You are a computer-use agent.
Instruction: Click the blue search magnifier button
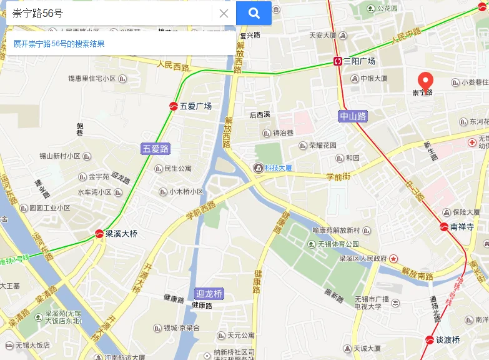(254, 13)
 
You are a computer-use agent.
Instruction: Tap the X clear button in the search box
(224, 13)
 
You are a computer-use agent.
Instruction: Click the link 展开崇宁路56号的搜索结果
(59, 44)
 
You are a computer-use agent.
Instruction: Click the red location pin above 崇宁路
(425, 81)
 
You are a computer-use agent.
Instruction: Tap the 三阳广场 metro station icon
(338, 61)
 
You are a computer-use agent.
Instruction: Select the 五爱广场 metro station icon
(173, 106)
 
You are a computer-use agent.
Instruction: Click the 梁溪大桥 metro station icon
(99, 234)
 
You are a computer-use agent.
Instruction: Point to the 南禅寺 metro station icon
(443, 227)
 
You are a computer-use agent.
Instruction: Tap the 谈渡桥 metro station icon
(429, 340)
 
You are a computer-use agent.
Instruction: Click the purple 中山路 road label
(353, 116)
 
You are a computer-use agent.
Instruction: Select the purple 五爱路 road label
(156, 149)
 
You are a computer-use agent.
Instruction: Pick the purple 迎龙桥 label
(209, 294)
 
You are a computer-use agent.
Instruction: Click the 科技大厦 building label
(277, 167)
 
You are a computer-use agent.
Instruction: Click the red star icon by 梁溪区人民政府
(394, 257)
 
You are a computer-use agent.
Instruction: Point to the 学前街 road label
(338, 177)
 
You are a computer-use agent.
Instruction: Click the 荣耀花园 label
(322, 146)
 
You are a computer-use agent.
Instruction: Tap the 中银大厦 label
(373, 79)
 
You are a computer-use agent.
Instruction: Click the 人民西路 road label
(173, 64)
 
